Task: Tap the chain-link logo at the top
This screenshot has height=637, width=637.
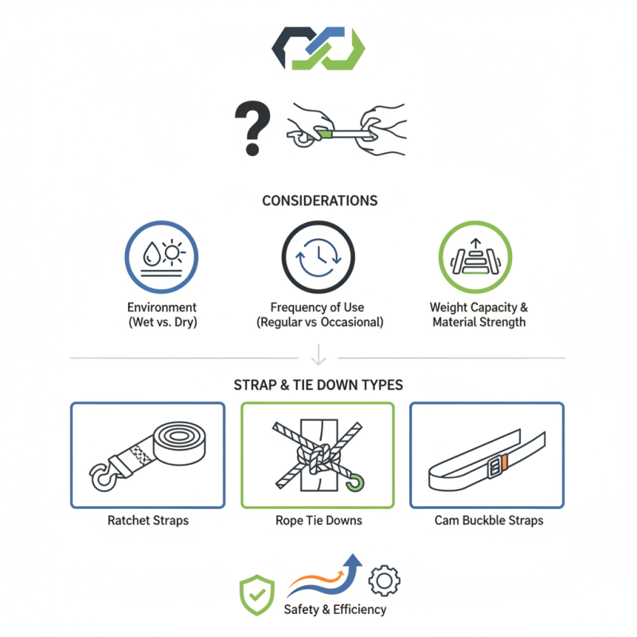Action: [318, 49]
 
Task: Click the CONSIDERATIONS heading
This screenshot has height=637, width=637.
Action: [320, 201]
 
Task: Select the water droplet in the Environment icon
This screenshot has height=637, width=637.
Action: [151, 254]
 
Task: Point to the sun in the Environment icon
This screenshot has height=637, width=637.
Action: [172, 252]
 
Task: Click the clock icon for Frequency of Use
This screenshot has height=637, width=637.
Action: [318, 256]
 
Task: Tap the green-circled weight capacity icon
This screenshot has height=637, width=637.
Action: [475, 256]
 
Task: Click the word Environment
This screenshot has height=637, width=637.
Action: [162, 307]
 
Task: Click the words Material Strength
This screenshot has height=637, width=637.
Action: [479, 322]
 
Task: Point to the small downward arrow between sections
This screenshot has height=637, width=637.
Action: [318, 354]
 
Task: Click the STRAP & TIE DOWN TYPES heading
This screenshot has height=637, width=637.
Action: [318, 385]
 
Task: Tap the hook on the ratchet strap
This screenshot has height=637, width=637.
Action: [102, 476]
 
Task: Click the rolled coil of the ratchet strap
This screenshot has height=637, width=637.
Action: [179, 443]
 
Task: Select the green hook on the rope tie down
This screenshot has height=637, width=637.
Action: [356, 482]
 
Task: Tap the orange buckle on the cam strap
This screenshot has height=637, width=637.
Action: [504, 463]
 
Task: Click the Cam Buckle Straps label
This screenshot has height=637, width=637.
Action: [489, 521]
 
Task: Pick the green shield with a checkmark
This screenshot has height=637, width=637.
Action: [256, 594]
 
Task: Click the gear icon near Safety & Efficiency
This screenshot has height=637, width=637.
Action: [385, 580]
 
